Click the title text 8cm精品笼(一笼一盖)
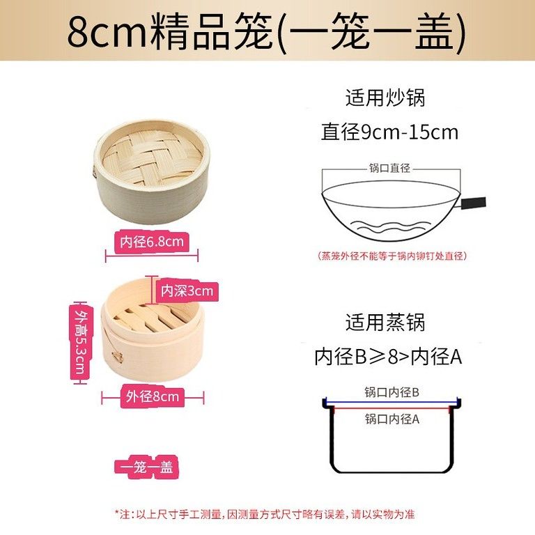point(266,32)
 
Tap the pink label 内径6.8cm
point(151,242)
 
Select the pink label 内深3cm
point(186,290)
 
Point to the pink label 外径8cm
point(153,397)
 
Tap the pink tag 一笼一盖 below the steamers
point(147,467)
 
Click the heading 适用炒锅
point(385,97)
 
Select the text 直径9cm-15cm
point(389,132)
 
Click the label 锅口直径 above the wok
point(389,168)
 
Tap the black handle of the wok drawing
point(472,203)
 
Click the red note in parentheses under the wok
point(391,256)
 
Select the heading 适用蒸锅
point(385,323)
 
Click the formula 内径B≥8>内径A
point(389,357)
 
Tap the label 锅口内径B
point(391,393)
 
